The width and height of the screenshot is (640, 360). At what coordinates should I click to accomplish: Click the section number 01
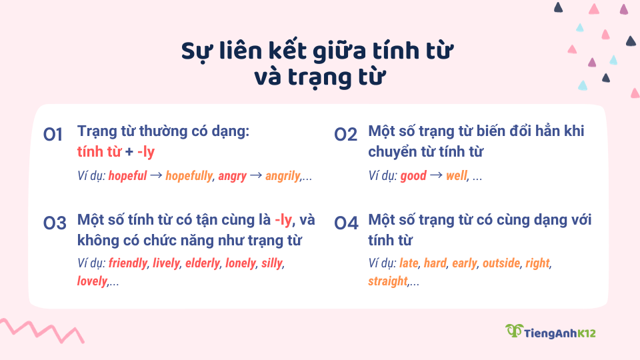(x=53, y=135)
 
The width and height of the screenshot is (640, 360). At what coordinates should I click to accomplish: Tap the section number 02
(x=346, y=135)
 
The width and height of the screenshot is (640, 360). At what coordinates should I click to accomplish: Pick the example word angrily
(x=283, y=176)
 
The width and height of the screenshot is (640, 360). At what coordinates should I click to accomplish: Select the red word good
(x=413, y=176)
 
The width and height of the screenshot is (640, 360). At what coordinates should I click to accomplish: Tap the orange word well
(x=457, y=176)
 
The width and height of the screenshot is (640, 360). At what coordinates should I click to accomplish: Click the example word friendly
(x=127, y=263)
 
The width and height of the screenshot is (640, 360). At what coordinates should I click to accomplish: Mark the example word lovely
(x=92, y=281)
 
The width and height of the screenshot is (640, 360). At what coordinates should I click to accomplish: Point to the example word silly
(x=272, y=263)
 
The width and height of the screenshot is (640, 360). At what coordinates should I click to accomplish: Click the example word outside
(x=501, y=263)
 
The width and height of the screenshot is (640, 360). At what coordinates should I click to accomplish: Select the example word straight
(x=387, y=281)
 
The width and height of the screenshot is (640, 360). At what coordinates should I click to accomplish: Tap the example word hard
(x=435, y=263)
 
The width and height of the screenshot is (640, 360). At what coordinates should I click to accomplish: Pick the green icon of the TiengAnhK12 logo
(x=513, y=331)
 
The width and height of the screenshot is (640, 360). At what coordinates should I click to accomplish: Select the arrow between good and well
(x=435, y=176)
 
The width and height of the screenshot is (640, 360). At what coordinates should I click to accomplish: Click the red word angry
(x=232, y=176)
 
